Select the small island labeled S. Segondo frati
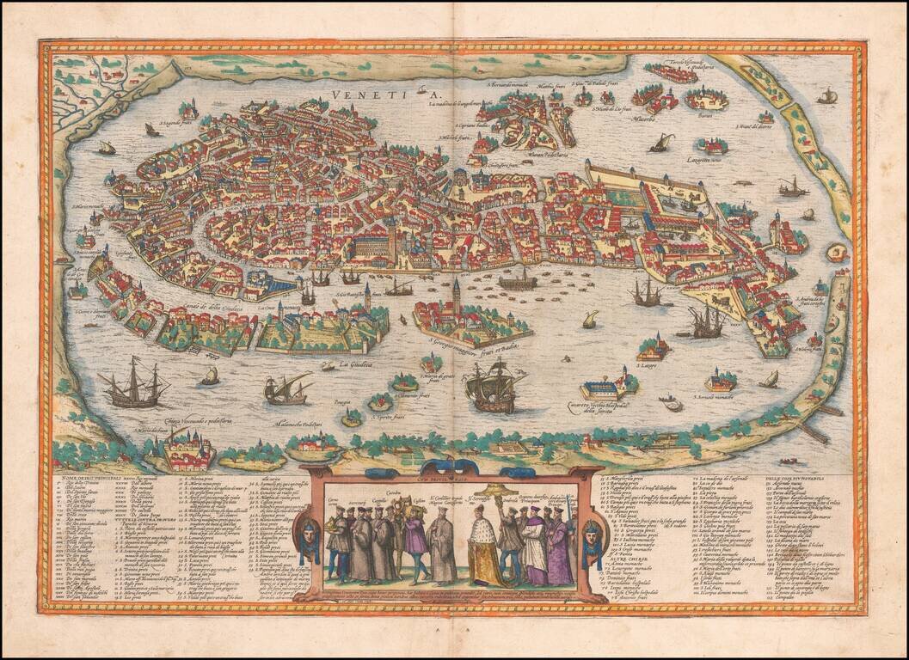(188, 111)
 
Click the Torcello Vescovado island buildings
(671, 73)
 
